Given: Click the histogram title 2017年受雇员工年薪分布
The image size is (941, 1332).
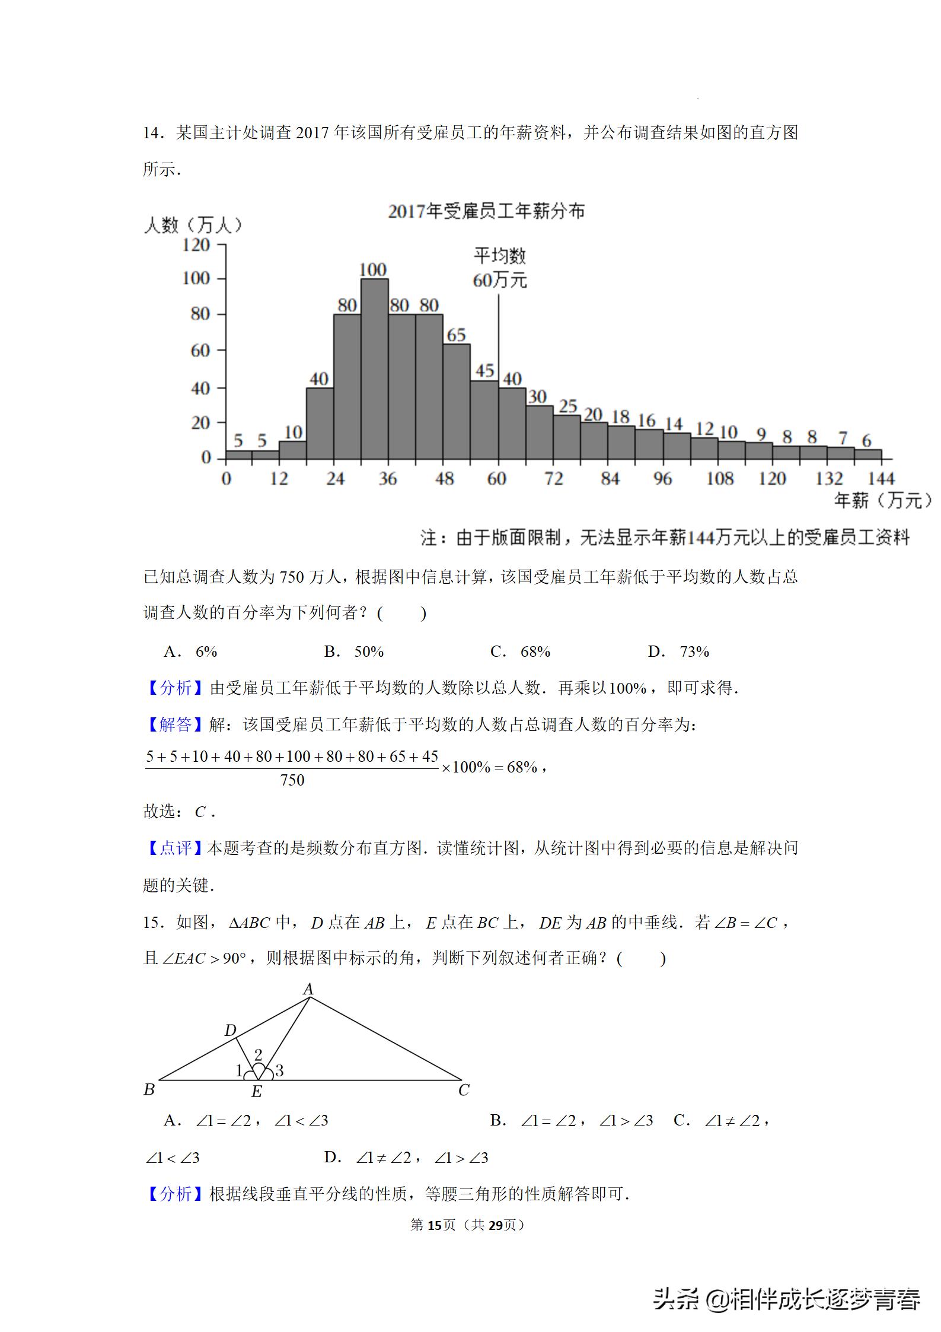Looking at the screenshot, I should coord(486,211).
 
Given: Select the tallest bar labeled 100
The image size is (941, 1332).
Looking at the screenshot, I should coord(374,368).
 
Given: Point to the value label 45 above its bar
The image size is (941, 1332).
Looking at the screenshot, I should coord(484,371).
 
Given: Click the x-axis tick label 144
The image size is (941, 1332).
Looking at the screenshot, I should coord(881,478).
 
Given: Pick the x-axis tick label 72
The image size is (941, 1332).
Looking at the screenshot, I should coord(553,478).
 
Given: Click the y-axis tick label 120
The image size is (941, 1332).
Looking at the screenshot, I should coord(196,245).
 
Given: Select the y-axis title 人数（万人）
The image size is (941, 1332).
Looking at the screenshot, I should coord(193,225).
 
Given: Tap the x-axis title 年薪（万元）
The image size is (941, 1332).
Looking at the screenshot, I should coord(882,501).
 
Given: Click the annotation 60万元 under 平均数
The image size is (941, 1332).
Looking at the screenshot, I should coord(499,280).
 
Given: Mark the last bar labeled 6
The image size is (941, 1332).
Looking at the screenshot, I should coord(867,454).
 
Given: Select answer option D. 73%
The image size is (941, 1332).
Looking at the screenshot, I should coord(679,651).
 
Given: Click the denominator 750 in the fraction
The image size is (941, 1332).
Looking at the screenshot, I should coord(292,780).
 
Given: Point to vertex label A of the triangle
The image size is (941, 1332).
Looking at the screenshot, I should coord(308,989).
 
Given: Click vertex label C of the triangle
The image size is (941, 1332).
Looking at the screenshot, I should coord(464,1090).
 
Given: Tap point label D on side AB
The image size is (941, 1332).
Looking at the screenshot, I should coord(230,1031).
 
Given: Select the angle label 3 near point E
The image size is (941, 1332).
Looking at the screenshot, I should coord(279,1070).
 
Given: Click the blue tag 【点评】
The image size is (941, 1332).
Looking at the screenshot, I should coord(175,848).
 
